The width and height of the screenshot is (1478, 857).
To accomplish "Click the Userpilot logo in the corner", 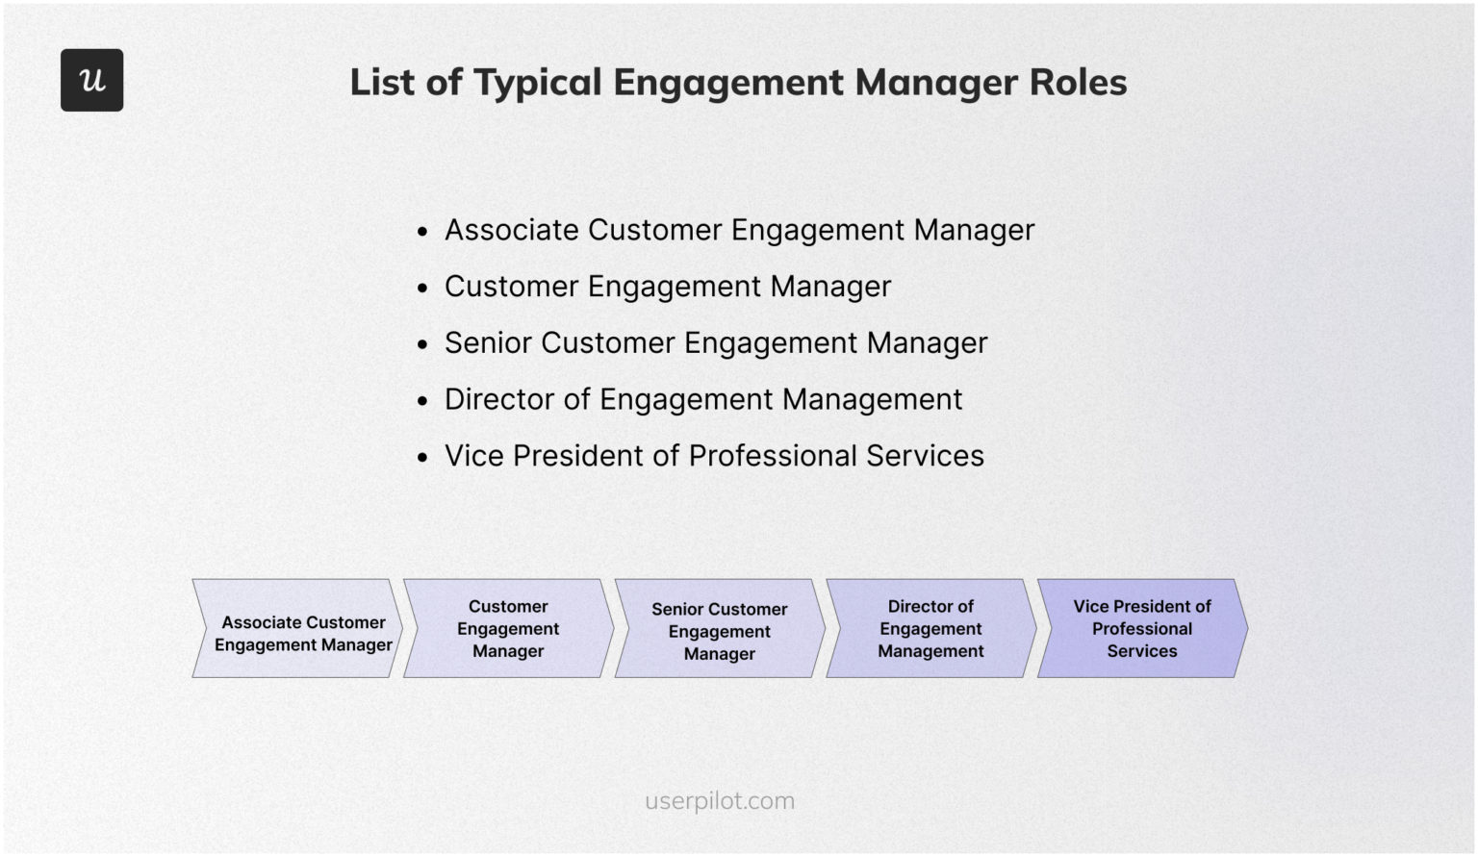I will [91, 80].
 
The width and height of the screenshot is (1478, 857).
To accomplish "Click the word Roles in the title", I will [1078, 83].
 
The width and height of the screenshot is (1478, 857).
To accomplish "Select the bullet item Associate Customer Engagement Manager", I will [739, 230].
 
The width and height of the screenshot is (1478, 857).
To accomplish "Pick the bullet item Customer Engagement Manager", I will [668, 287].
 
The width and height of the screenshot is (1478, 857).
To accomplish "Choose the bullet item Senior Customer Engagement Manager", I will [716, 343].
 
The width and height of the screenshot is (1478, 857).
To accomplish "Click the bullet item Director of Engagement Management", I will [703, 399].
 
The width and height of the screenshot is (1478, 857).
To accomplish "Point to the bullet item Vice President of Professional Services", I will [714, 456].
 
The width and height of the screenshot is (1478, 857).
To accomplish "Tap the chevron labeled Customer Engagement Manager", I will [508, 629].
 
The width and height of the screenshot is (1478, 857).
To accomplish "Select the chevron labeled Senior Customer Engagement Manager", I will [720, 631].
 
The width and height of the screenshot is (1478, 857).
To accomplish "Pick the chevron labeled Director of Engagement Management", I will [930, 629].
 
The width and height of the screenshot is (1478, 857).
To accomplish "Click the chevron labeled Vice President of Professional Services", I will [1142, 629].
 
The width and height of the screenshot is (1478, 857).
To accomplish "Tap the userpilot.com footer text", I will [720, 801].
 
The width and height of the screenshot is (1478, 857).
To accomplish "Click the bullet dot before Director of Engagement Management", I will [422, 401].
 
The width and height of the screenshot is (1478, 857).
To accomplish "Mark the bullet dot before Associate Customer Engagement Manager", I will [422, 232].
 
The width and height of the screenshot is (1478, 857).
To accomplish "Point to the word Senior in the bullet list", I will [488, 343].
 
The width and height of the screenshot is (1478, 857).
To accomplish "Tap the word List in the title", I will [382, 83].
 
